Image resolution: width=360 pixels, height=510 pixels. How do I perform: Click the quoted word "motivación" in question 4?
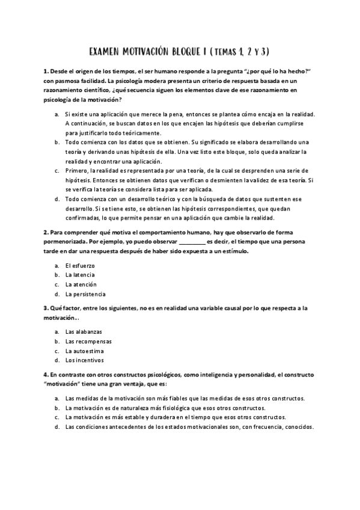click(x=64, y=384)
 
